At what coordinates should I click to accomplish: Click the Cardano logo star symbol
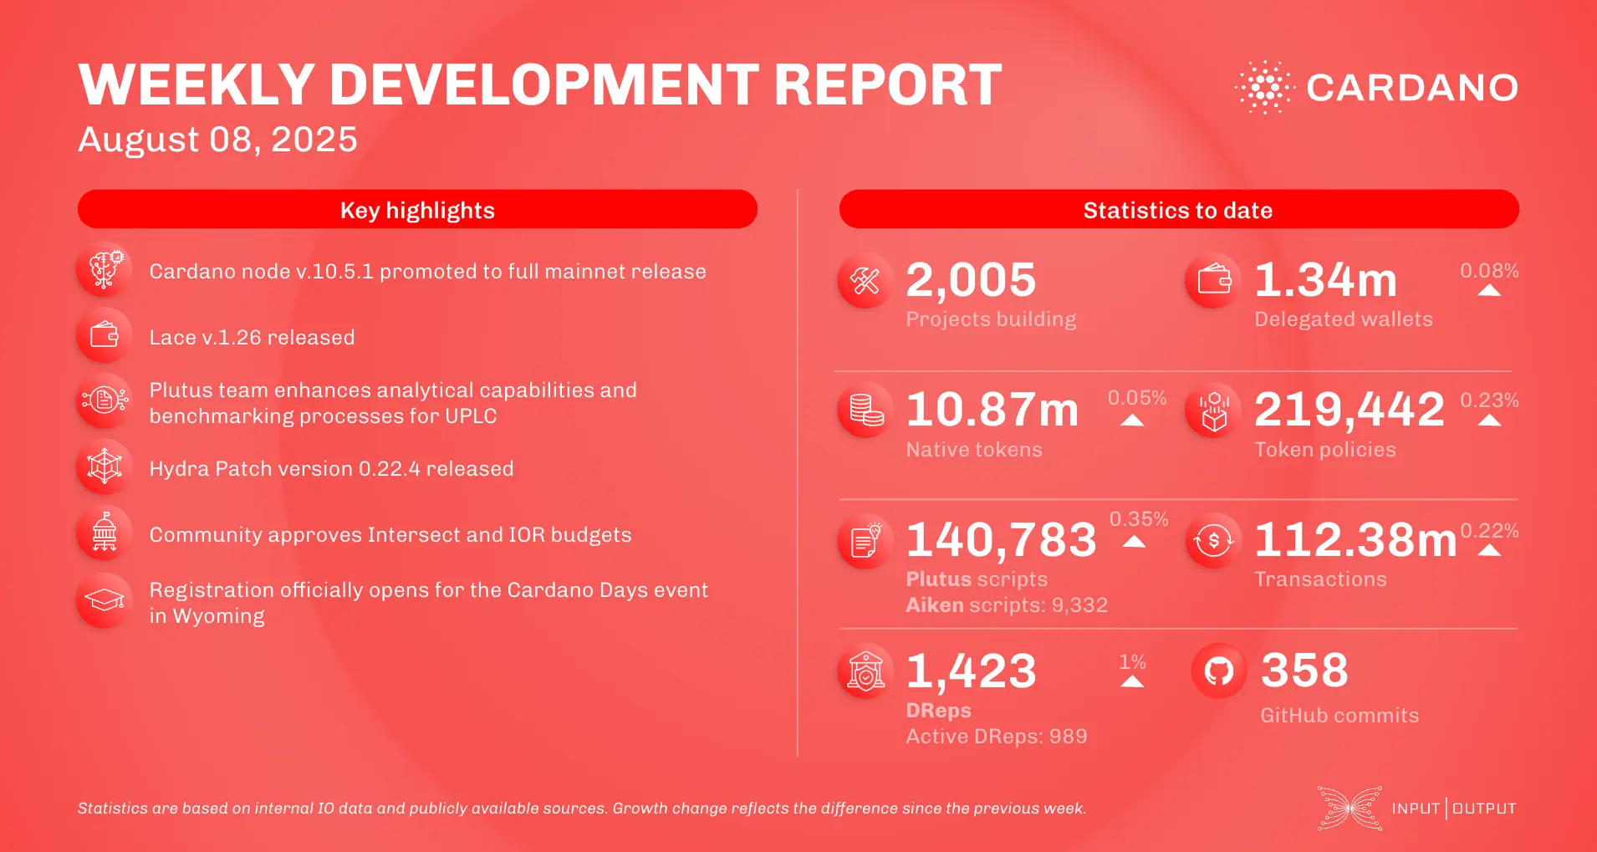(1264, 87)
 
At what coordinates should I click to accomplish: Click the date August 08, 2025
(217, 140)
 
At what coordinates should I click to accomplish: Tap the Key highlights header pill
(417, 210)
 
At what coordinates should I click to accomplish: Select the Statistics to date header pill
(1178, 210)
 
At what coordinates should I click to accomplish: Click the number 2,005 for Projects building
(971, 280)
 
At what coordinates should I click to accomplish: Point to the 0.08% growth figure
(1488, 271)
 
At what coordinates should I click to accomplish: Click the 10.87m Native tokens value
(992, 410)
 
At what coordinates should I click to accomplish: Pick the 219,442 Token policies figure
(1349, 410)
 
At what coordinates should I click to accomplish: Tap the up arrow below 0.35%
(1134, 542)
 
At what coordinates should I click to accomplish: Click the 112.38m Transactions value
(1355, 540)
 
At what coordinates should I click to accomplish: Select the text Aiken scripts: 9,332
(1007, 605)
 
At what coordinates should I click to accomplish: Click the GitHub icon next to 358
(1218, 671)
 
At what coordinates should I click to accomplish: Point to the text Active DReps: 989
(997, 737)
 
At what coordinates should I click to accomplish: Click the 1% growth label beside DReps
(1132, 662)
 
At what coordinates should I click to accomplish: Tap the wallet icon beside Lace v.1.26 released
(105, 335)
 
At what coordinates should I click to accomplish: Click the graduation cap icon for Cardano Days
(105, 600)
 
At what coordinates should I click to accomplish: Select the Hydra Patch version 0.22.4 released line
(331, 469)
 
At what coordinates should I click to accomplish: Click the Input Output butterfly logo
(1350, 808)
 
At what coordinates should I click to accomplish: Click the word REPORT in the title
(887, 85)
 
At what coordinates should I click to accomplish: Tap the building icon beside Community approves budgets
(105, 533)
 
